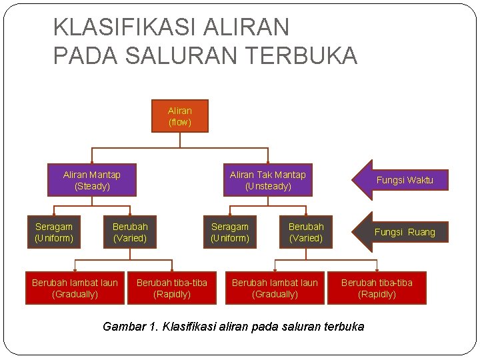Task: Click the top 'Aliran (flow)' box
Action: coord(180,116)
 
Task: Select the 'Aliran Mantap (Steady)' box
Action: coord(92,180)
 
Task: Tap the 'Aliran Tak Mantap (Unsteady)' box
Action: coord(267,180)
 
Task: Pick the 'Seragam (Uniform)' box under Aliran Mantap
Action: coord(54,232)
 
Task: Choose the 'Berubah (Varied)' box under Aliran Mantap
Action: coord(130,232)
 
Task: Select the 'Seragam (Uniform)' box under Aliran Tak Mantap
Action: coord(230,232)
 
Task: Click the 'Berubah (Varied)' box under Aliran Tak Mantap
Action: coord(306,232)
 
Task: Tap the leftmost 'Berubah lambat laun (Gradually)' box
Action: coord(75,288)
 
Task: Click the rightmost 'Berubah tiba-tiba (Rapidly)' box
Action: coord(377,288)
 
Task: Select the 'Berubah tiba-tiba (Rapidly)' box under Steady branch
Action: coord(172,288)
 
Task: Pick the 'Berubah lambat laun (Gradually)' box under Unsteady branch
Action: coord(275,288)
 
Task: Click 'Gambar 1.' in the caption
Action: coord(131,327)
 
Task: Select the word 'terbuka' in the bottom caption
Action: coord(341,327)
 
